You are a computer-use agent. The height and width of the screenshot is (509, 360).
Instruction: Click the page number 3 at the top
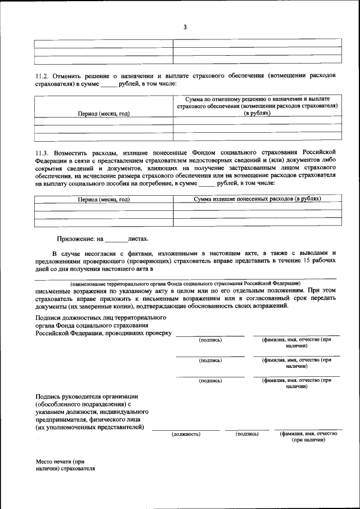[x=184, y=27]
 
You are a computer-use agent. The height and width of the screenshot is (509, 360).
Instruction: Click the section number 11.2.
[x=43, y=75]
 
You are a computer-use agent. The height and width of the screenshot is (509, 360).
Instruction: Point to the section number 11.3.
[x=43, y=152]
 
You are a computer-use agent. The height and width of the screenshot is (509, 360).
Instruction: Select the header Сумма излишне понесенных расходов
[x=257, y=199]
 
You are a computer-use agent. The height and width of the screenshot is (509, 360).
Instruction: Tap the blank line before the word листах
[x=116, y=240]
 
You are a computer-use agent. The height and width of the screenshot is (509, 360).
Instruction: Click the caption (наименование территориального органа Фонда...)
[x=185, y=283]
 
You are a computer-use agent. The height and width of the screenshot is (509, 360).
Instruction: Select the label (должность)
[x=186, y=434]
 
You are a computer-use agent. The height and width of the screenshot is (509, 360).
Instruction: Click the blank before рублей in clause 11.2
[x=108, y=84]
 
